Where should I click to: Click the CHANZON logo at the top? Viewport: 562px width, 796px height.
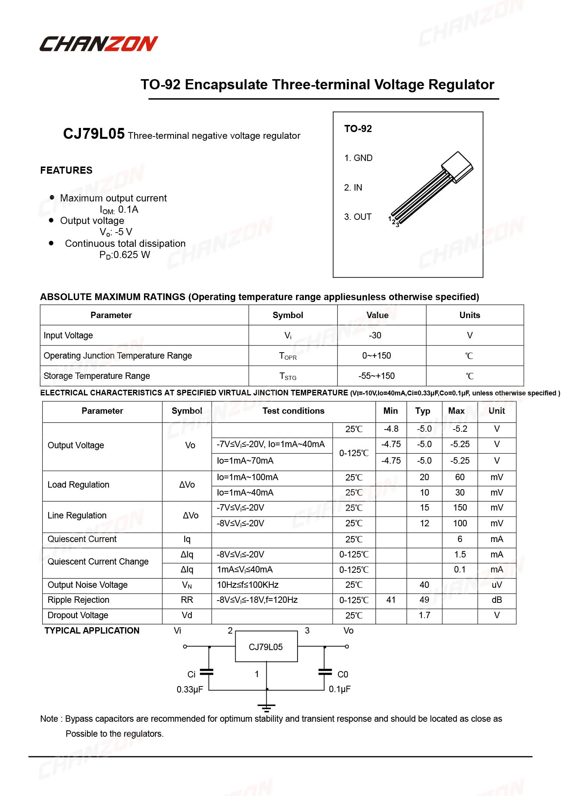tap(99, 44)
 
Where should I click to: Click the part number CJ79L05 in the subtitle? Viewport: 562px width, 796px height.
tap(94, 134)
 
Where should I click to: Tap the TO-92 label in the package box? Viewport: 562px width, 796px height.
tap(358, 129)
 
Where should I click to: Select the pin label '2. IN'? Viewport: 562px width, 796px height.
tap(353, 188)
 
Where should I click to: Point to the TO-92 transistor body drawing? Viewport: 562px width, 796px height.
tap(457, 167)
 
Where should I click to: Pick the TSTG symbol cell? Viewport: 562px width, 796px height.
tap(288, 376)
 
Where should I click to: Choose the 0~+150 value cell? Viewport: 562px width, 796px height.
tap(376, 356)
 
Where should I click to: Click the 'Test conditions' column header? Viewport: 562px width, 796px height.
tap(293, 411)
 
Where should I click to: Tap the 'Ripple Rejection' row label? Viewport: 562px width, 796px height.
tap(78, 600)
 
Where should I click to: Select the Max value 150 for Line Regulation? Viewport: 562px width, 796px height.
tap(460, 508)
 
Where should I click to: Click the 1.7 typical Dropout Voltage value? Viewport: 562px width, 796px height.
tap(424, 616)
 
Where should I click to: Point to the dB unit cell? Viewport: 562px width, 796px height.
tap(496, 600)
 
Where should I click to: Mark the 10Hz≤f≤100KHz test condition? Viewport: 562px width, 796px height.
tap(248, 585)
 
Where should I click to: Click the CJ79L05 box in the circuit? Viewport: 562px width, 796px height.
tap(266, 647)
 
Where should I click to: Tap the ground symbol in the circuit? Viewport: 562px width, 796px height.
tap(266, 708)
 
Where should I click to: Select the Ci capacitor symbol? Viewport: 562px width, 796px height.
tap(207, 672)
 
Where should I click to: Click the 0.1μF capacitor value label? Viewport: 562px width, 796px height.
tap(339, 689)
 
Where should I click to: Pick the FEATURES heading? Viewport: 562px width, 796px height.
tap(66, 170)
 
